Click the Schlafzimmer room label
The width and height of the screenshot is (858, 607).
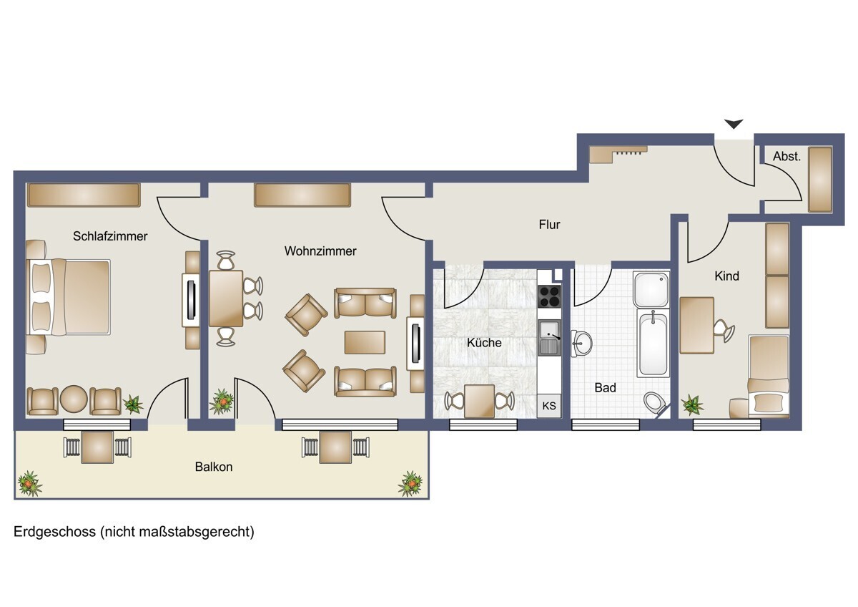110,236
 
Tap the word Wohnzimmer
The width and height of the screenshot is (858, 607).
320,251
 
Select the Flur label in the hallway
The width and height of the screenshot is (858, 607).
549,224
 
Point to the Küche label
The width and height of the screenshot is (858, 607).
484,342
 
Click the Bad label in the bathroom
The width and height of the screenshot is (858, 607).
605,388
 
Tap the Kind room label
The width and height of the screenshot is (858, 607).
726,276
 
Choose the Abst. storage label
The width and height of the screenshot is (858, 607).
786,157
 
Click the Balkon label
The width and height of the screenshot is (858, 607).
214,467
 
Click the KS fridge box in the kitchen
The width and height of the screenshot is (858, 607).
549,406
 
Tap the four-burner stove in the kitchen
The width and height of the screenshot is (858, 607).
549,296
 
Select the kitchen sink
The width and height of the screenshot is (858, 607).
550,337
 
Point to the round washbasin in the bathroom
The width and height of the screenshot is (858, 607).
581,343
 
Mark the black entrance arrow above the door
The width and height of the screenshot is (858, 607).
734,125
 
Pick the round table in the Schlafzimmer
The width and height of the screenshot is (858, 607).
74,399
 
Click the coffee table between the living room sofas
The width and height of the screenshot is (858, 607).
365,342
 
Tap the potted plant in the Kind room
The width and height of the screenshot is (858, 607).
692,405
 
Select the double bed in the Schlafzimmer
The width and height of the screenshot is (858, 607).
68,297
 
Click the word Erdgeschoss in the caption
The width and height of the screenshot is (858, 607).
54,532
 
